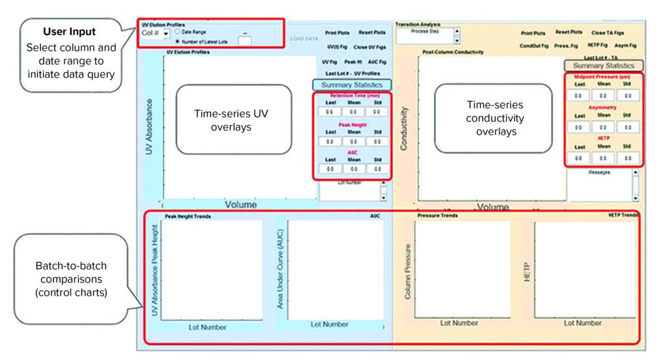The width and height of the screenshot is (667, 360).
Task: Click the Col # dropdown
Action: coord(156,33)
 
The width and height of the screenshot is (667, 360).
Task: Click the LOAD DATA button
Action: coord(303,38)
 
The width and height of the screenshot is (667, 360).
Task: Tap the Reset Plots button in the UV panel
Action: coord(371,32)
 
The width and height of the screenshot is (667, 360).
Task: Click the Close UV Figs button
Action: coord(369,47)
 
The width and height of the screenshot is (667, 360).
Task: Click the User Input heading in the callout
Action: coord(69,31)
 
